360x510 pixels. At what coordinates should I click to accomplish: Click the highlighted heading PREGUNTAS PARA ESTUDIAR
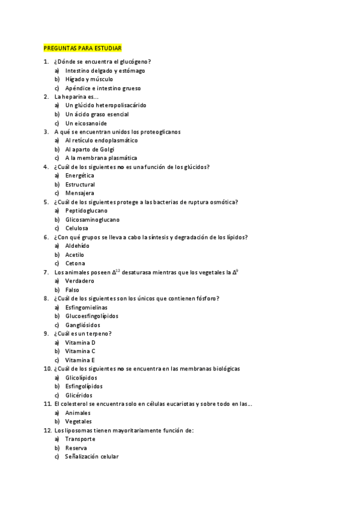pyautogui.click(x=83, y=48)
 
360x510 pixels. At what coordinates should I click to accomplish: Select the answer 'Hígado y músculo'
pyautogui.click(x=89, y=79)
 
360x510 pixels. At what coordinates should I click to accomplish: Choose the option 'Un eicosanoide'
pyautogui.click(x=86, y=123)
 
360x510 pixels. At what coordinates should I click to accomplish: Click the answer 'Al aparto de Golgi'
pyautogui.click(x=90, y=149)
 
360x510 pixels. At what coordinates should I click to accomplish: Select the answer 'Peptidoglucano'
pyautogui.click(x=87, y=210)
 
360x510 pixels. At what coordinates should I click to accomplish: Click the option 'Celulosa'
pyautogui.click(x=77, y=228)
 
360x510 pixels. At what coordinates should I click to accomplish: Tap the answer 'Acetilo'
pyautogui.click(x=75, y=254)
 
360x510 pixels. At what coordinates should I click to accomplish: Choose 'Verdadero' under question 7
pyautogui.click(x=80, y=281)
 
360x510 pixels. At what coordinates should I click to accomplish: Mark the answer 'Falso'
pyautogui.click(x=72, y=290)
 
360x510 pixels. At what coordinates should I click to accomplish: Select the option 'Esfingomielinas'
pyautogui.click(x=87, y=307)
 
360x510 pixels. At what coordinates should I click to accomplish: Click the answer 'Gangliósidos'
pyautogui.click(x=83, y=325)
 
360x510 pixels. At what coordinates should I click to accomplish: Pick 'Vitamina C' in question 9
pyautogui.click(x=81, y=351)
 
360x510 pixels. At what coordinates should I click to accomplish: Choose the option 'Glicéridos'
pyautogui.click(x=79, y=395)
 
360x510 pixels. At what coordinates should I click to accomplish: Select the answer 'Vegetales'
pyautogui.click(x=78, y=422)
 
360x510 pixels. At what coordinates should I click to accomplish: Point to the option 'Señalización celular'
pyautogui.click(x=92, y=456)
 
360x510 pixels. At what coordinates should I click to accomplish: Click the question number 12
pyautogui.click(x=47, y=430)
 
